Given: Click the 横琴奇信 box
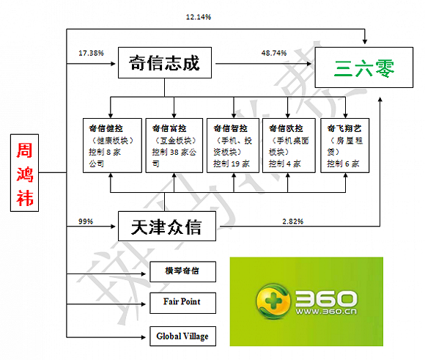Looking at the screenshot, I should coord(183,271).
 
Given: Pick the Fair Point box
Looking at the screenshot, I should coord(183,301).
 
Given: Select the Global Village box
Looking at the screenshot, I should coord(183,337).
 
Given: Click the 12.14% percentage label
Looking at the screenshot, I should coord(200,16).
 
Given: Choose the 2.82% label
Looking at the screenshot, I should coord(294,221).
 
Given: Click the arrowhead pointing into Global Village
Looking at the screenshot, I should coord(145,337).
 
